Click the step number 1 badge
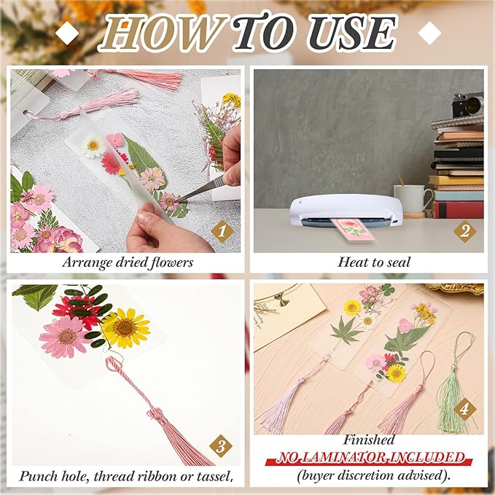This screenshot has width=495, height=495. coord(222,232)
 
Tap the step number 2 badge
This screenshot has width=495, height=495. coord(464,231)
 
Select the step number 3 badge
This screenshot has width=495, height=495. coord(222,445)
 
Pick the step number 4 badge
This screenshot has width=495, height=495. coord(464,409)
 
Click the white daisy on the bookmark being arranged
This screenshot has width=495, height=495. coord(92,147)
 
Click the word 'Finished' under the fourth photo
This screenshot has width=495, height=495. coord(370,440)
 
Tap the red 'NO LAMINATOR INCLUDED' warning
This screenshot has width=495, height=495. coord(369,458)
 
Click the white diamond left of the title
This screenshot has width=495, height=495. coord(67,32)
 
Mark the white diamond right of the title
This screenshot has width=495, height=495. coord(430,32)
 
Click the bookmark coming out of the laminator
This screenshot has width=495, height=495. coord(352,229)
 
